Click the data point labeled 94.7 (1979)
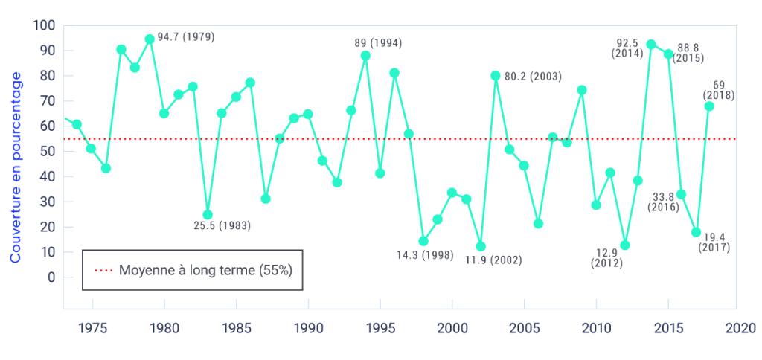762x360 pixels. (x=150, y=39)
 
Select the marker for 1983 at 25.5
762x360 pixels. (x=208, y=215)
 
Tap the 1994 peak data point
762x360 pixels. (x=365, y=55)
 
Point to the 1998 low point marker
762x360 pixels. (x=423, y=241)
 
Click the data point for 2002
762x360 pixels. (x=481, y=246)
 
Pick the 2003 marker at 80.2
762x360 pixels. (x=495, y=75)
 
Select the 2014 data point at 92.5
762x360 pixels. (x=651, y=44)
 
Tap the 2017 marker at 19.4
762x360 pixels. (x=696, y=232)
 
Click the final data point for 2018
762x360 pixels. (x=709, y=106)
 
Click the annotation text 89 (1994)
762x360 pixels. (x=378, y=42)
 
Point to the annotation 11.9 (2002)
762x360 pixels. (x=493, y=260)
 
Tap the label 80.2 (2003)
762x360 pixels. (x=533, y=76)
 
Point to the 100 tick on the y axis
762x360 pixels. (x=45, y=25)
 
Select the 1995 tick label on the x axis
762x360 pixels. (x=380, y=327)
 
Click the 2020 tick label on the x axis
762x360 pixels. (x=740, y=327)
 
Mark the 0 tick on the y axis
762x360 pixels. (x=51, y=277)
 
